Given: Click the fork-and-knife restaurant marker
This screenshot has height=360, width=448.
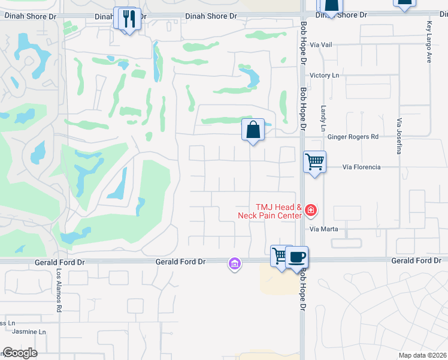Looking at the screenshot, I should (x=127, y=19).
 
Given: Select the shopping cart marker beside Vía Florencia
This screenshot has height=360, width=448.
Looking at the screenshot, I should (x=314, y=161).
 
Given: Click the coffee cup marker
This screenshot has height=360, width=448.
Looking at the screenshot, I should (x=297, y=257).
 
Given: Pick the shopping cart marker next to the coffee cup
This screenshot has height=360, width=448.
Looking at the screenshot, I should (x=280, y=256).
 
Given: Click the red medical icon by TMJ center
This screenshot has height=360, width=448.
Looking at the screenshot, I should (x=311, y=210).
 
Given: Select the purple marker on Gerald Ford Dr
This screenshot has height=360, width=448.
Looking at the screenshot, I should (x=235, y=263).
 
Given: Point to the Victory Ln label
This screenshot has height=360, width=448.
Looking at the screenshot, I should (x=324, y=75).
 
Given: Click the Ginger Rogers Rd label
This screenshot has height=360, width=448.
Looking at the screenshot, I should (x=353, y=137).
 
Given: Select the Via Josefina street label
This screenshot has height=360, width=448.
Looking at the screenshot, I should (x=398, y=136).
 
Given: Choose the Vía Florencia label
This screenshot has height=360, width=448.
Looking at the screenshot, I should (x=361, y=167).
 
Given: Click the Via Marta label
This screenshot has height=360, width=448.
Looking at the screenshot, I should (x=324, y=229).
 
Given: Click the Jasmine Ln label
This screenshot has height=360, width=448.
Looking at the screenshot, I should (x=30, y=332).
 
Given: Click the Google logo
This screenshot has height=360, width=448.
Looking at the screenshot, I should (x=20, y=353).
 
